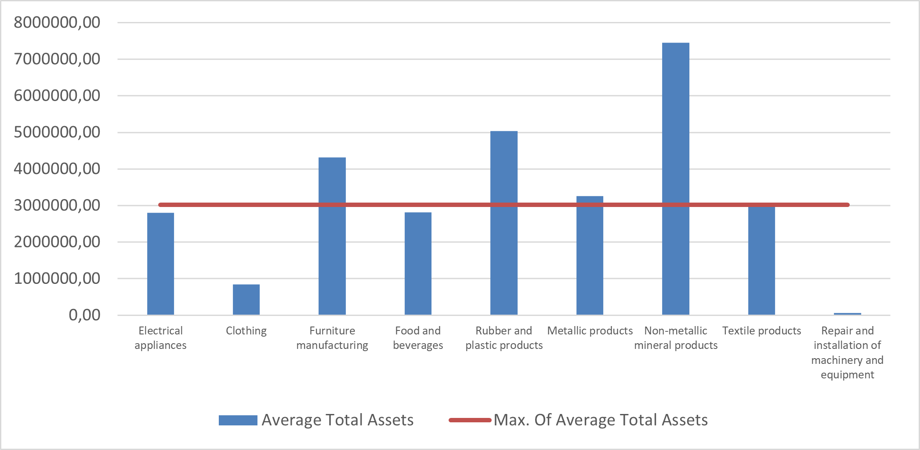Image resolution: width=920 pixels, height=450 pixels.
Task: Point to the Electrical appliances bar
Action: pos(160,264)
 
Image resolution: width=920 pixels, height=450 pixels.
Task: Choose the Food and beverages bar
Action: pos(418,264)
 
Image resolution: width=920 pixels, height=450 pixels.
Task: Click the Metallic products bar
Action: pos(590,264)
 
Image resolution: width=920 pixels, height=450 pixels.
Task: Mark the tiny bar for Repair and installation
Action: pos(847,314)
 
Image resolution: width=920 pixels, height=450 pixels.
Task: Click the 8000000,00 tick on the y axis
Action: pos(57,22)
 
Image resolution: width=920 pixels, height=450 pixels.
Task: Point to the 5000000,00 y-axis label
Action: pos(57,132)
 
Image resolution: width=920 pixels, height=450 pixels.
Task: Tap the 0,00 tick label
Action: pos(84,315)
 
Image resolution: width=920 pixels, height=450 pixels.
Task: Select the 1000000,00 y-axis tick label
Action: pos(57,279)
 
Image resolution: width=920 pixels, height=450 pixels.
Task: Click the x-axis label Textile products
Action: pos(761,331)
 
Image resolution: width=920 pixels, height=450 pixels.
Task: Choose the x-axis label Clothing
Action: pos(246,331)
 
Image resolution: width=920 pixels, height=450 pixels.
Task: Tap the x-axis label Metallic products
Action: pos(590,331)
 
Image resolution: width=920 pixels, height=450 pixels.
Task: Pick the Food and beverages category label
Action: pos(418,338)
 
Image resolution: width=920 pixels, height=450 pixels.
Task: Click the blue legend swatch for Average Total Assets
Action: pos(238,420)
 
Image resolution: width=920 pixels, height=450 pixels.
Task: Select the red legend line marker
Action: pos(470,420)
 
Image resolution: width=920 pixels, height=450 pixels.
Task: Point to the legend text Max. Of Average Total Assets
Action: pos(601,420)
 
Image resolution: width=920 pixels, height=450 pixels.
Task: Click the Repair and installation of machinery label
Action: pos(847,352)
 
